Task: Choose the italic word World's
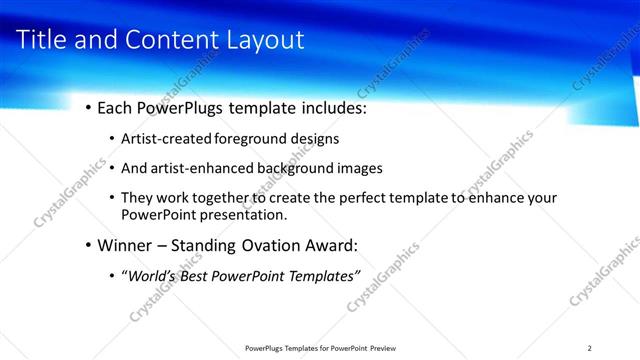point(149,275)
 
